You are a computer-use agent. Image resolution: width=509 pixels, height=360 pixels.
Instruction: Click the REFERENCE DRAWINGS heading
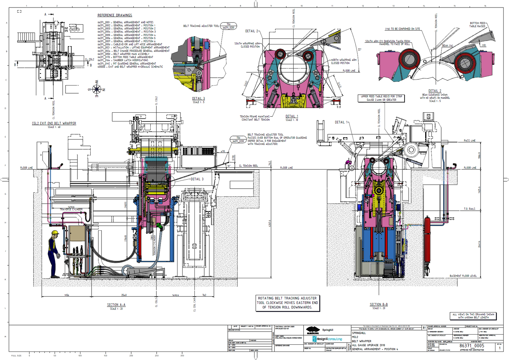point(115,15)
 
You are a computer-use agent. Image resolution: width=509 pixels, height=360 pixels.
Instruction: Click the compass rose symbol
point(97,89)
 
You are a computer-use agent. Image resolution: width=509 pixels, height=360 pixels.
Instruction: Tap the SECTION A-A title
point(116,305)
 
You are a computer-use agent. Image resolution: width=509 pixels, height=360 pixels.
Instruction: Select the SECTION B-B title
point(378,304)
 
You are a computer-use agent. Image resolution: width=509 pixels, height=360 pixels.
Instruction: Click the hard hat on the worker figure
point(55,233)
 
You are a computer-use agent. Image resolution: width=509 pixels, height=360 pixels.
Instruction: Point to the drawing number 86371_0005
point(472,346)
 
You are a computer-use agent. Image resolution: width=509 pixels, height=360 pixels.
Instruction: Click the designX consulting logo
point(327,339)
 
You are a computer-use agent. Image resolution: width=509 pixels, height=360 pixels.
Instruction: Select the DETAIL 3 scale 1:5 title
point(199,99)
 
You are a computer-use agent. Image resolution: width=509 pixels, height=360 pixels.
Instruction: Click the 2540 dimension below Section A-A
point(124,295)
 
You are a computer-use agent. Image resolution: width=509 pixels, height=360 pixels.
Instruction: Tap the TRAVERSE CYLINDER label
point(71,209)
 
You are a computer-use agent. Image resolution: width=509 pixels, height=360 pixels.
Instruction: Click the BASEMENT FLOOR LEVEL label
point(463,276)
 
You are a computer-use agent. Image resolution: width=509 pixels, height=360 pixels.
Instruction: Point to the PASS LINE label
point(470,140)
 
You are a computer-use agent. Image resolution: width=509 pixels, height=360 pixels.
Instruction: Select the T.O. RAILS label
point(470,209)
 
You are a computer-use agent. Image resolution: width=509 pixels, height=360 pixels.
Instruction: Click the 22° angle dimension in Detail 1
point(359,50)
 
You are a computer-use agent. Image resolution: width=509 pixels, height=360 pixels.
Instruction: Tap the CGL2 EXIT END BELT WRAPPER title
point(54,124)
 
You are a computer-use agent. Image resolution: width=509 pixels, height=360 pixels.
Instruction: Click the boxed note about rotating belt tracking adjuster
point(287,303)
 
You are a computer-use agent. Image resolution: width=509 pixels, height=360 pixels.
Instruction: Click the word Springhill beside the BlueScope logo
point(328,330)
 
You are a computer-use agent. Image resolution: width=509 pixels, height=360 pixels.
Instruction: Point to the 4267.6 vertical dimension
point(270,224)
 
